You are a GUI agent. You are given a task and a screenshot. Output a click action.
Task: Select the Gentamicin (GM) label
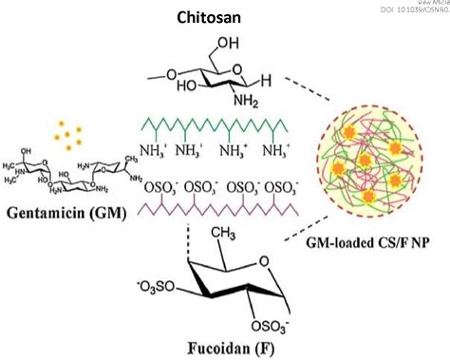point(68,210)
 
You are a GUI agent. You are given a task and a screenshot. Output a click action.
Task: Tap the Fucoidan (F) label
point(239,347)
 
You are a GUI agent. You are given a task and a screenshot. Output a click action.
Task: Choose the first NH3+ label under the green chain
point(155,151)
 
